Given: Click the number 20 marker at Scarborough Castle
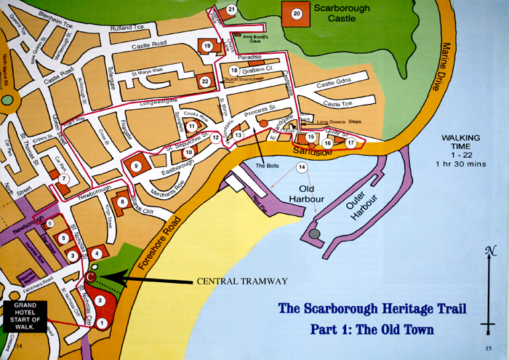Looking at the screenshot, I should (296, 14).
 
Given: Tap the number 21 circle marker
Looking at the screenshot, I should (231, 9).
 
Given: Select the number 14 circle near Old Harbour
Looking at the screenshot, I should (302, 168).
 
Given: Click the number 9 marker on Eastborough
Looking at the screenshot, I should (135, 167).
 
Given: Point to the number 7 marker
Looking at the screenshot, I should (64, 178).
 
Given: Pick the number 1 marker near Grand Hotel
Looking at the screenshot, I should (102, 322).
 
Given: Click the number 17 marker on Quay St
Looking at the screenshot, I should (350, 143).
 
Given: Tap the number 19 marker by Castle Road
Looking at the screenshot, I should (207, 47).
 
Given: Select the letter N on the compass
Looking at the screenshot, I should (488, 252).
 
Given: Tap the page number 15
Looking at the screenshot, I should (488, 348).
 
